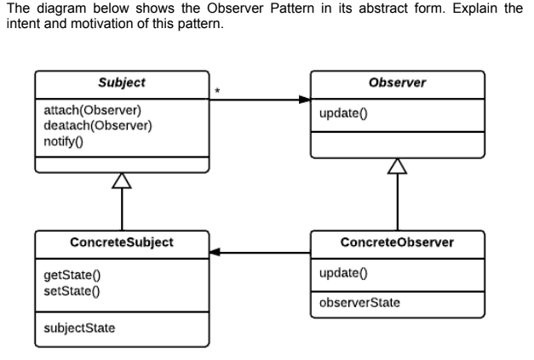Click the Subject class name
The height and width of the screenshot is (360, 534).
(121, 83)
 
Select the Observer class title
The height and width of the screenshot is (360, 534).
(398, 83)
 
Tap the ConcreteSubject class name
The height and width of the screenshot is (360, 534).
(121, 242)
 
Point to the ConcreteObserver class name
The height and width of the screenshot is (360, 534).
(397, 242)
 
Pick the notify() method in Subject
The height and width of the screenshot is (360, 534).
(63, 140)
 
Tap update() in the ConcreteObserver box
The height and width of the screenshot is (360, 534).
(339, 272)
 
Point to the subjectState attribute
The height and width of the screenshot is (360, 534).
(78, 328)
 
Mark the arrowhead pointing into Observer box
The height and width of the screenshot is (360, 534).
(304, 100)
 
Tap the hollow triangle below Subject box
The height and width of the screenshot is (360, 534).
(122, 180)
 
